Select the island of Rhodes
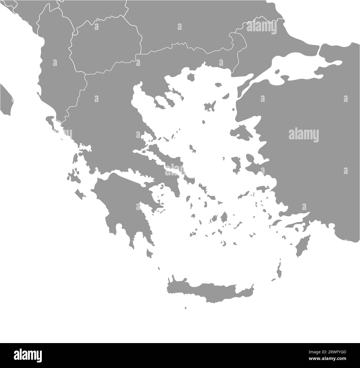(301, 247)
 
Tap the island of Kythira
(150, 253)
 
